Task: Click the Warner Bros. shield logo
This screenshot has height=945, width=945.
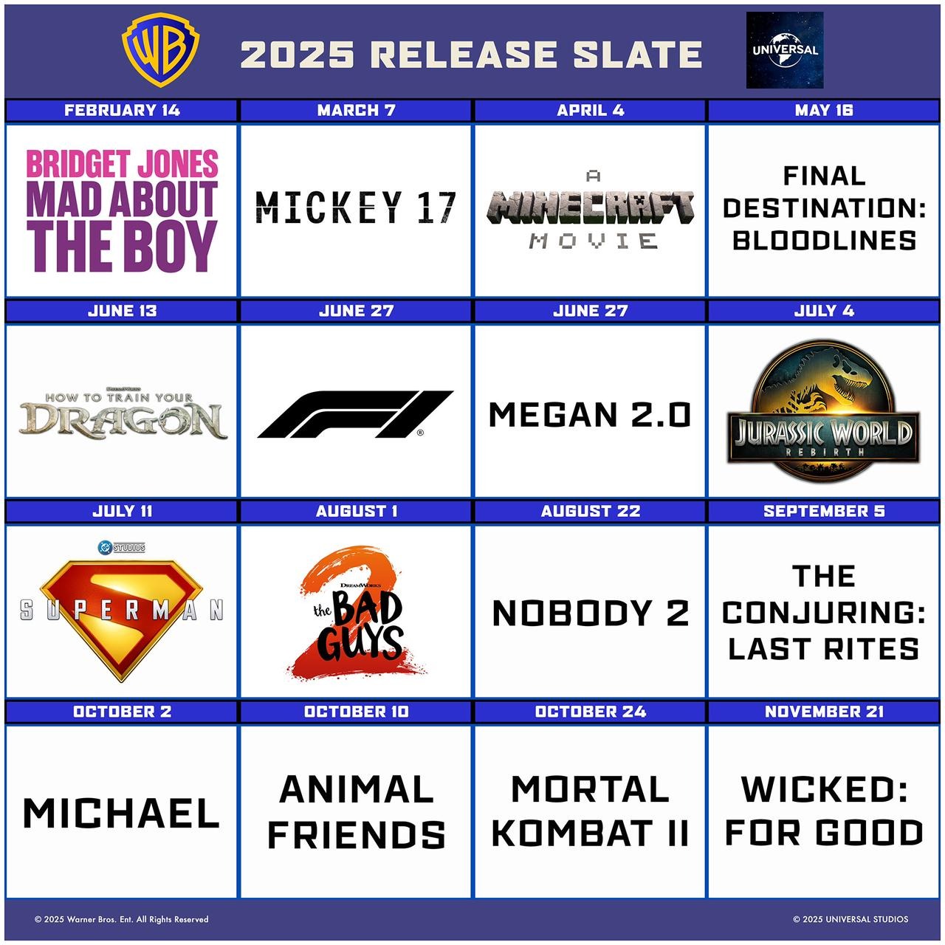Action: coord(160,50)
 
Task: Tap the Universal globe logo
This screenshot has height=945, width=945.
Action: coord(785,50)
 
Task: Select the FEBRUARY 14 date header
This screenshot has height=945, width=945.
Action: coord(122,110)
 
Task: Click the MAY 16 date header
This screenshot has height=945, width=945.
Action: coord(824,110)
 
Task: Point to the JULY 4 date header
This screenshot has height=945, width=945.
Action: coord(824,311)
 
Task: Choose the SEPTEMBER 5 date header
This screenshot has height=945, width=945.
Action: coord(824,511)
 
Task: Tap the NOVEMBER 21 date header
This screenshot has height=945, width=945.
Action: coord(824,712)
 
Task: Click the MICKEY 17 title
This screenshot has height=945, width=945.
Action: coord(356,208)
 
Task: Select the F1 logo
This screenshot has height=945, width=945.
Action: coord(355,414)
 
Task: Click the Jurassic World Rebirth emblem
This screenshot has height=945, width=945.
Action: coord(823,410)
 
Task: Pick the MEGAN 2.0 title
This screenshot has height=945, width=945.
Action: coord(590,415)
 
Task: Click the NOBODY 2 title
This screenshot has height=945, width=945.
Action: coord(591,613)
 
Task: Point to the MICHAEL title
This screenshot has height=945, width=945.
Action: coord(121,814)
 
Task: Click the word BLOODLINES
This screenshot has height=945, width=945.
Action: coord(825,241)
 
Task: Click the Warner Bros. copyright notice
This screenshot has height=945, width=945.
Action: coord(122,919)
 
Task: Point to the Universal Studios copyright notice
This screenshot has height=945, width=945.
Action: coord(850,919)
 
